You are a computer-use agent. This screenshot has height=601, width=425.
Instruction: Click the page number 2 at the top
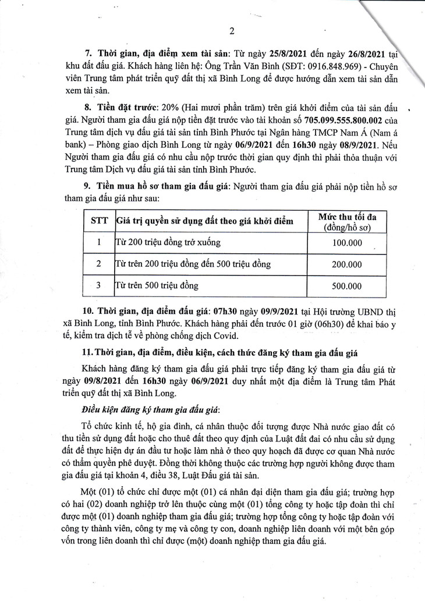click(x=232, y=31)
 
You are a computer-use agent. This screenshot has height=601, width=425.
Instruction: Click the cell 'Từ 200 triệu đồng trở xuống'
click(x=168, y=242)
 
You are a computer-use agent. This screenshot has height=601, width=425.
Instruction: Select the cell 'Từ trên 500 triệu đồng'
click(x=157, y=285)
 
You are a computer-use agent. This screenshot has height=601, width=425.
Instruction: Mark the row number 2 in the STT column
click(x=98, y=264)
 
